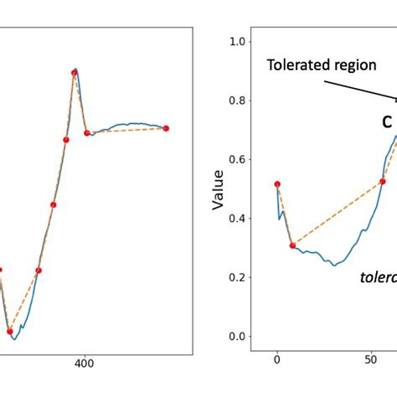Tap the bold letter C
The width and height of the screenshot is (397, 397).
point(386,122)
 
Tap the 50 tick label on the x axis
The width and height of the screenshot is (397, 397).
point(371,363)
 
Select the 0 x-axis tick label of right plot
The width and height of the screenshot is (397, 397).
point(277,363)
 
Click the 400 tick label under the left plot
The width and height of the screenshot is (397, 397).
point(84,363)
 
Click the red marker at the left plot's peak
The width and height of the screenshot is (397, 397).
point(75,73)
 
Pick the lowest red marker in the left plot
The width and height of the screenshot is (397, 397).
point(10,331)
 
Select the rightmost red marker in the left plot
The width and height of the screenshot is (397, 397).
point(166,128)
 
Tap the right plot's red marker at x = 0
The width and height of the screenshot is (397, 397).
point(277,184)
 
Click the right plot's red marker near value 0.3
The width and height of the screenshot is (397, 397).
point(292,245)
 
